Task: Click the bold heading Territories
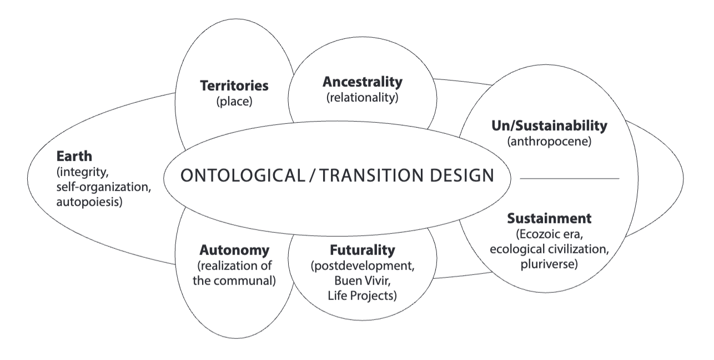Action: pyautogui.click(x=234, y=86)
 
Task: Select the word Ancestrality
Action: pyautogui.click(x=363, y=82)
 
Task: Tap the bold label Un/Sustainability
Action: pyautogui.click(x=549, y=126)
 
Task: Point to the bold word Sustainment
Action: pyautogui.click(x=549, y=218)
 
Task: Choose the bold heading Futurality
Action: pyautogui.click(x=363, y=250)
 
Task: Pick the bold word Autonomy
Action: pyautogui.click(x=234, y=250)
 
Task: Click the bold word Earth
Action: pyautogui.click(x=74, y=156)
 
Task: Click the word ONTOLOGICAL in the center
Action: pyautogui.click(x=243, y=176)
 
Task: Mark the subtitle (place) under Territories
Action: pyautogui.click(x=234, y=102)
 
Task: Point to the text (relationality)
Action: pyautogui.click(x=363, y=98)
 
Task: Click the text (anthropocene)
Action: pyautogui.click(x=549, y=141)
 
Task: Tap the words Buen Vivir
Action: pyautogui.click(x=363, y=281)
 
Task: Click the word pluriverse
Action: pyautogui.click(x=547, y=264)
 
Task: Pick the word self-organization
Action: pyautogui.click(x=102, y=187)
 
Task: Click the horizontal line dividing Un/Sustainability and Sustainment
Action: pyautogui.click(x=570, y=178)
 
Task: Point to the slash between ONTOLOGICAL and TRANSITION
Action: pyautogui.click(x=312, y=176)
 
